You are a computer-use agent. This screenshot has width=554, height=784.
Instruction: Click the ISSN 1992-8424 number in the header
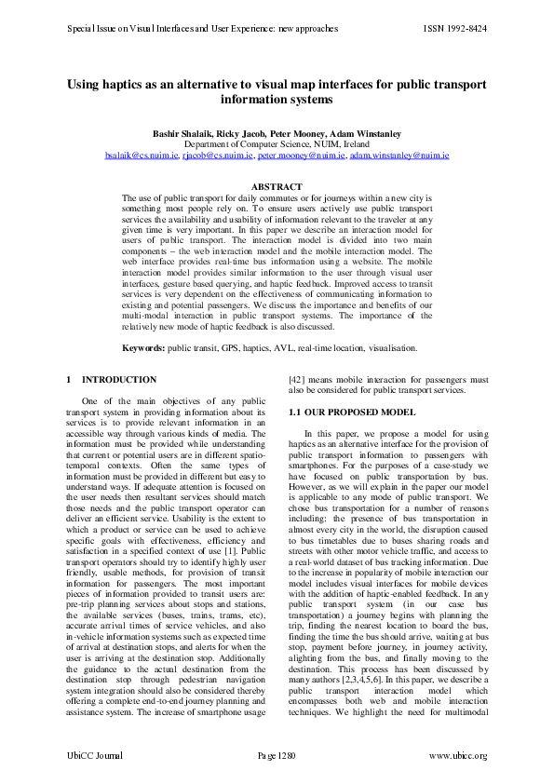coord(454,29)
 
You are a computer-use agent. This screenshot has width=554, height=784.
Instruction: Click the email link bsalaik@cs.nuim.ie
coord(142,155)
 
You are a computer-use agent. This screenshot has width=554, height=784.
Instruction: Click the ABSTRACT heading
coord(277,187)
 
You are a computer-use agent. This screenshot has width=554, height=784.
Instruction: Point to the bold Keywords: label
coord(144,347)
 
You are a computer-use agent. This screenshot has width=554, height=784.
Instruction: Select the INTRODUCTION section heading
coord(119,380)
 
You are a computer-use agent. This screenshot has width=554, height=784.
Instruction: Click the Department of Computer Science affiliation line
coord(277,145)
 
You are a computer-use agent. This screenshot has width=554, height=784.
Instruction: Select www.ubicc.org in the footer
coord(457,755)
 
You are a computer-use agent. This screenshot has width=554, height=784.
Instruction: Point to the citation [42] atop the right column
coord(298,380)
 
